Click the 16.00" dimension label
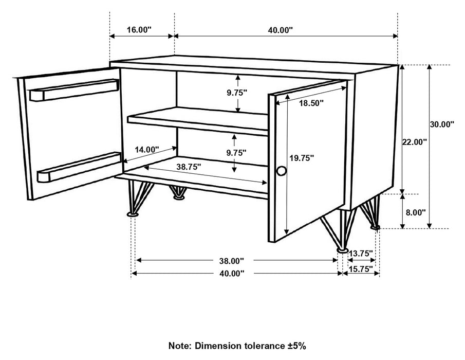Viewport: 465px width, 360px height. [x=138, y=30]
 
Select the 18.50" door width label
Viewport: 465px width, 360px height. [x=311, y=103]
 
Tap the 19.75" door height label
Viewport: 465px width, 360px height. [x=301, y=158]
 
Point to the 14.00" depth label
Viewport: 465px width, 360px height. [x=147, y=149]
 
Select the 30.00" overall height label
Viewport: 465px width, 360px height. [x=442, y=124]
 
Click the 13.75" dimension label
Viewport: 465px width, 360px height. [x=361, y=253]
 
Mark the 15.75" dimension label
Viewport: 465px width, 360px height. [x=361, y=268]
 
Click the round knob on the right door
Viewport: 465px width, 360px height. [x=281, y=171]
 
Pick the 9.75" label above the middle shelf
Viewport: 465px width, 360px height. [x=237, y=93]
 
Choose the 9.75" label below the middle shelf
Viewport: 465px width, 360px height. [x=236, y=152]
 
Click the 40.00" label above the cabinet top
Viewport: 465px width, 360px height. [x=280, y=30]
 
